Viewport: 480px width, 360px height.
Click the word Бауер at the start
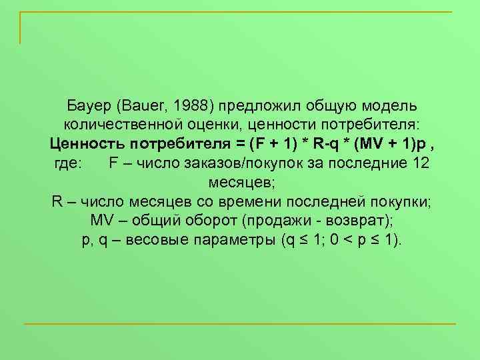coord(90,107)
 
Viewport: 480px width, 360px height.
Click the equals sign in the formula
coord(237,144)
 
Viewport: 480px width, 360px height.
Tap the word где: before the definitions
coord(67,163)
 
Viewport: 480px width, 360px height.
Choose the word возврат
coord(353,221)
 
